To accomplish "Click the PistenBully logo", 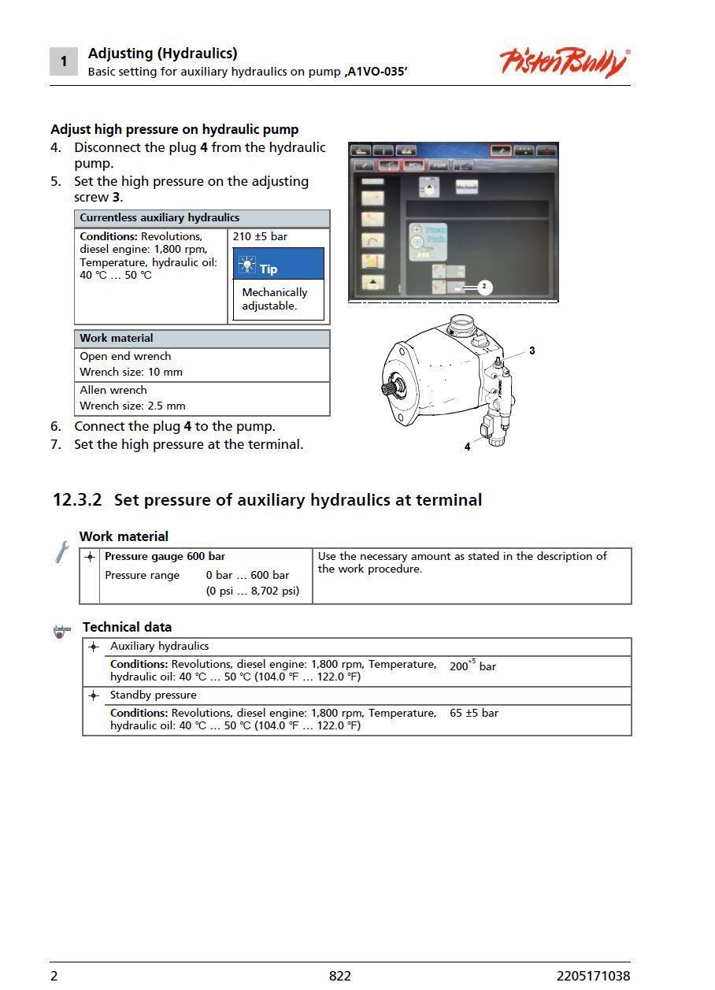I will point(564,61).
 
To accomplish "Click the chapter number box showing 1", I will point(64,61).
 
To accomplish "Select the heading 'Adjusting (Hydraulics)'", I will point(162,54).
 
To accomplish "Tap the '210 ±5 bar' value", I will point(261,236).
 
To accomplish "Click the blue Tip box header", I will point(278,265).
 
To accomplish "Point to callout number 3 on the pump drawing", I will point(532,350).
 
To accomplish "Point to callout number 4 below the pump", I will point(467,447).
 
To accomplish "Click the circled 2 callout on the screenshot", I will point(484,287).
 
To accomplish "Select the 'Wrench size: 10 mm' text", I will point(131,372).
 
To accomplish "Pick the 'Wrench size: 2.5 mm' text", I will point(132,406).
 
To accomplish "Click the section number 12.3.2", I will point(76,500).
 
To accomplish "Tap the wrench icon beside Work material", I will point(61,552).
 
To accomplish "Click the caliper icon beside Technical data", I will point(62,630).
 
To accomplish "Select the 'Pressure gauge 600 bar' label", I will point(165,556).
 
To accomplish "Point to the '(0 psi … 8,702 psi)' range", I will point(253,591).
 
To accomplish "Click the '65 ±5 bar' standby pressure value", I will point(474,713).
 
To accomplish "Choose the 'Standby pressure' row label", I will point(154,695).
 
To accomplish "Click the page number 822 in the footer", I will point(340,976).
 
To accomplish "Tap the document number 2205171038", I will point(593,976).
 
